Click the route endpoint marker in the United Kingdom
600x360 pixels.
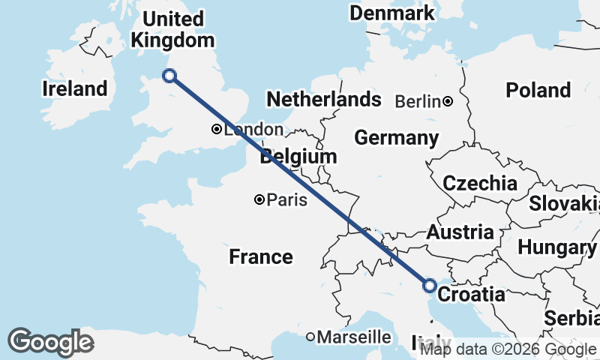pos(169,75)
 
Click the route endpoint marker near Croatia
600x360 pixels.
pos(430,285)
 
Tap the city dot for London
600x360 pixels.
pos(216,129)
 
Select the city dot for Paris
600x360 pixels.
pos(259,199)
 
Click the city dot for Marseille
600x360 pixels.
pos(310,337)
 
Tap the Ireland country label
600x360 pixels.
pos(75,88)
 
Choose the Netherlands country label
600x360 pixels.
pos(324,99)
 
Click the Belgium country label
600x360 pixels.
pos(298,157)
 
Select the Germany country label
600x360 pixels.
pos(397,138)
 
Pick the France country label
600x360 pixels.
pos(261,256)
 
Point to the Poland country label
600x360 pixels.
pos(538,90)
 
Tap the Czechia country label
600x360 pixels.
pos(480,183)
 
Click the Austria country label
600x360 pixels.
pos(460,232)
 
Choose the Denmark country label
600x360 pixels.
pos(392,13)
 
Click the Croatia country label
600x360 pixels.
pos(471,295)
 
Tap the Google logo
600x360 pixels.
pos(51,342)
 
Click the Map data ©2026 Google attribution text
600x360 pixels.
pos(508,349)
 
